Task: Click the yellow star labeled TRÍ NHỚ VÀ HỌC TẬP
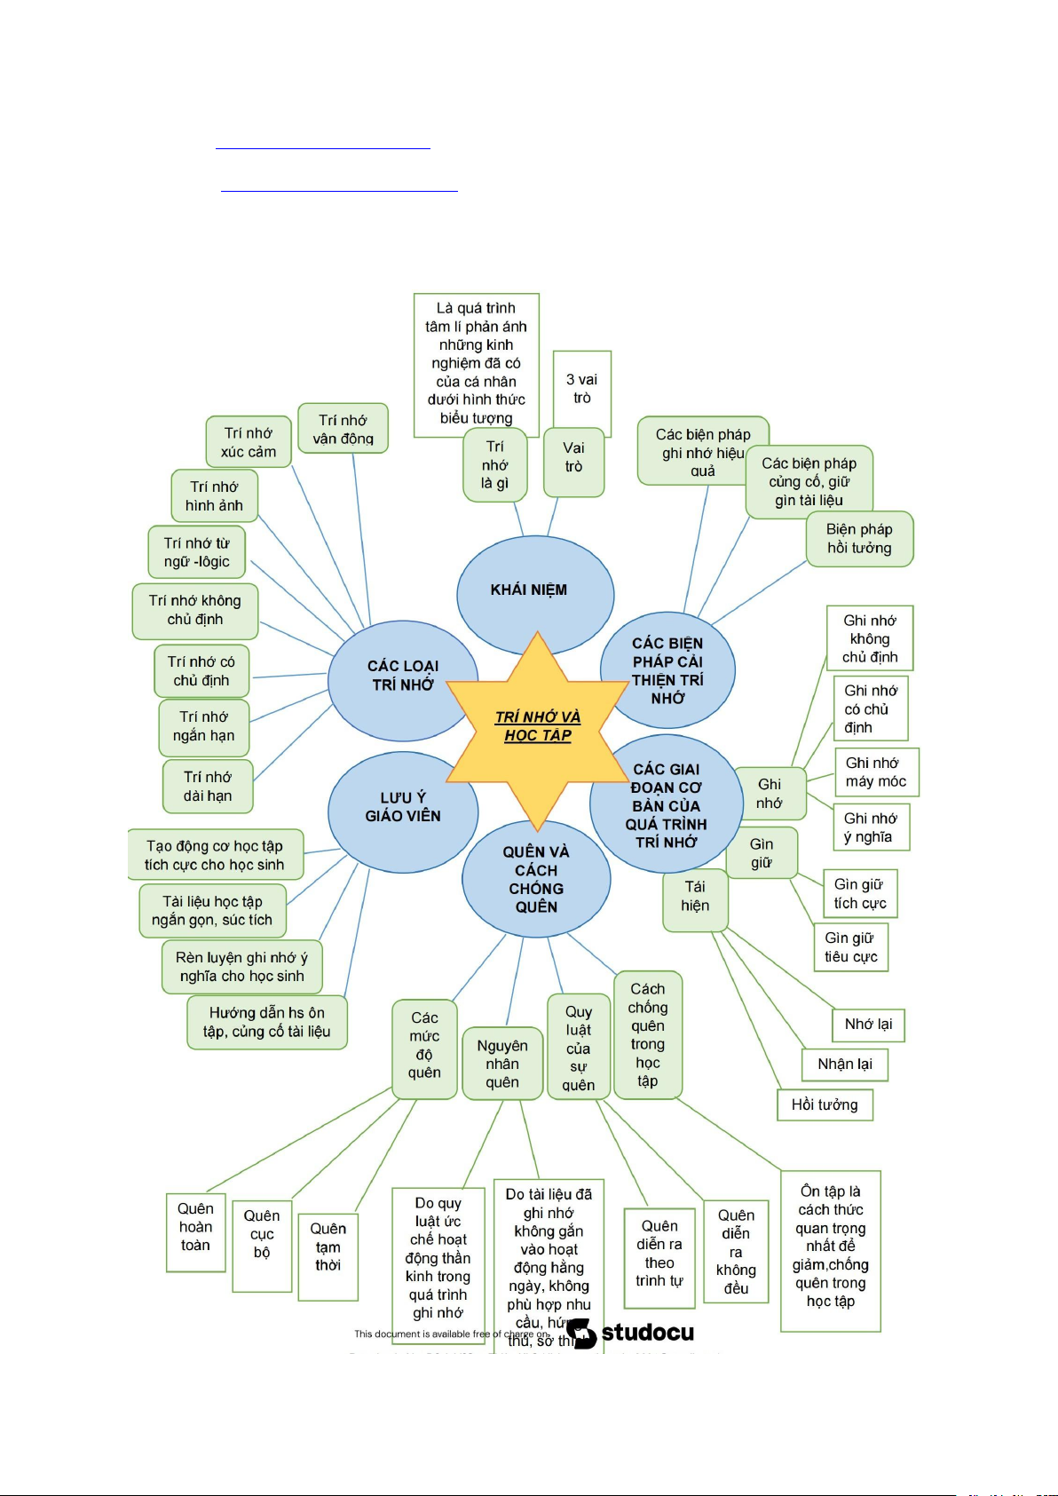[538, 726]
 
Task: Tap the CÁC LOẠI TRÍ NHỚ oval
[403, 675]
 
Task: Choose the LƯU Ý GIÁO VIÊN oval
[403, 807]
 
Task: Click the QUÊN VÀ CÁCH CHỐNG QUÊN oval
[536, 879]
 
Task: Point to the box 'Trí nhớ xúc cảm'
[249, 442]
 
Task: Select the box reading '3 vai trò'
[582, 389]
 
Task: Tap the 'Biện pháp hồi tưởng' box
[859, 539]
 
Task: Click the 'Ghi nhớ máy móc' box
[876, 772]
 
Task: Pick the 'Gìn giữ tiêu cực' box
[850, 947]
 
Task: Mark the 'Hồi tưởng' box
[825, 1105]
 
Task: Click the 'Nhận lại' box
[844, 1065]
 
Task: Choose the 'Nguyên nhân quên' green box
[502, 1064]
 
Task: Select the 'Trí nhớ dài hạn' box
[208, 787]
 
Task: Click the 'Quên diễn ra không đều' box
[736, 1251]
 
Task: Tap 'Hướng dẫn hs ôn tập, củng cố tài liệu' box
[266, 1022]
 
